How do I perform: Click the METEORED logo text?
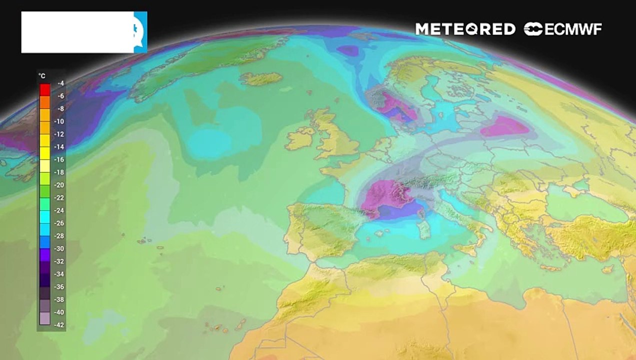coord(465,29)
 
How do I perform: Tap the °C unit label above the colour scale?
coord(42,76)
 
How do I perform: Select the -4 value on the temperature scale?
coord(60,83)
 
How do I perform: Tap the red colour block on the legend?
coord(45,89)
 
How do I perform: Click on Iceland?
coord(261,78)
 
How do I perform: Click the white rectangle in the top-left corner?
coord(77,32)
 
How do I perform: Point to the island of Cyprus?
coord(608,269)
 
